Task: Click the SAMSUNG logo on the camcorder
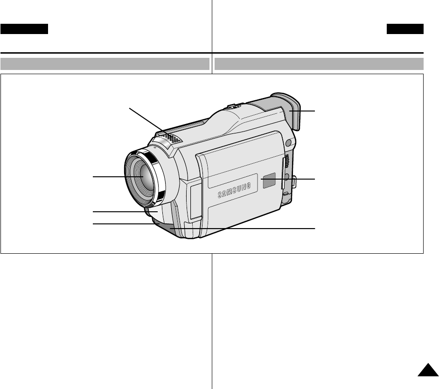(x=234, y=191)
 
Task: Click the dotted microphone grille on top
(x=171, y=138)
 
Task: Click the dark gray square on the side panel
(x=269, y=181)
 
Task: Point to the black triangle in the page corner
(x=428, y=370)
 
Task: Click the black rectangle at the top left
(x=24, y=29)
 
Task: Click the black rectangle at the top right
(x=405, y=29)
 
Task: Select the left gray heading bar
(x=105, y=64)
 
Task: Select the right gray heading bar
(x=319, y=64)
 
